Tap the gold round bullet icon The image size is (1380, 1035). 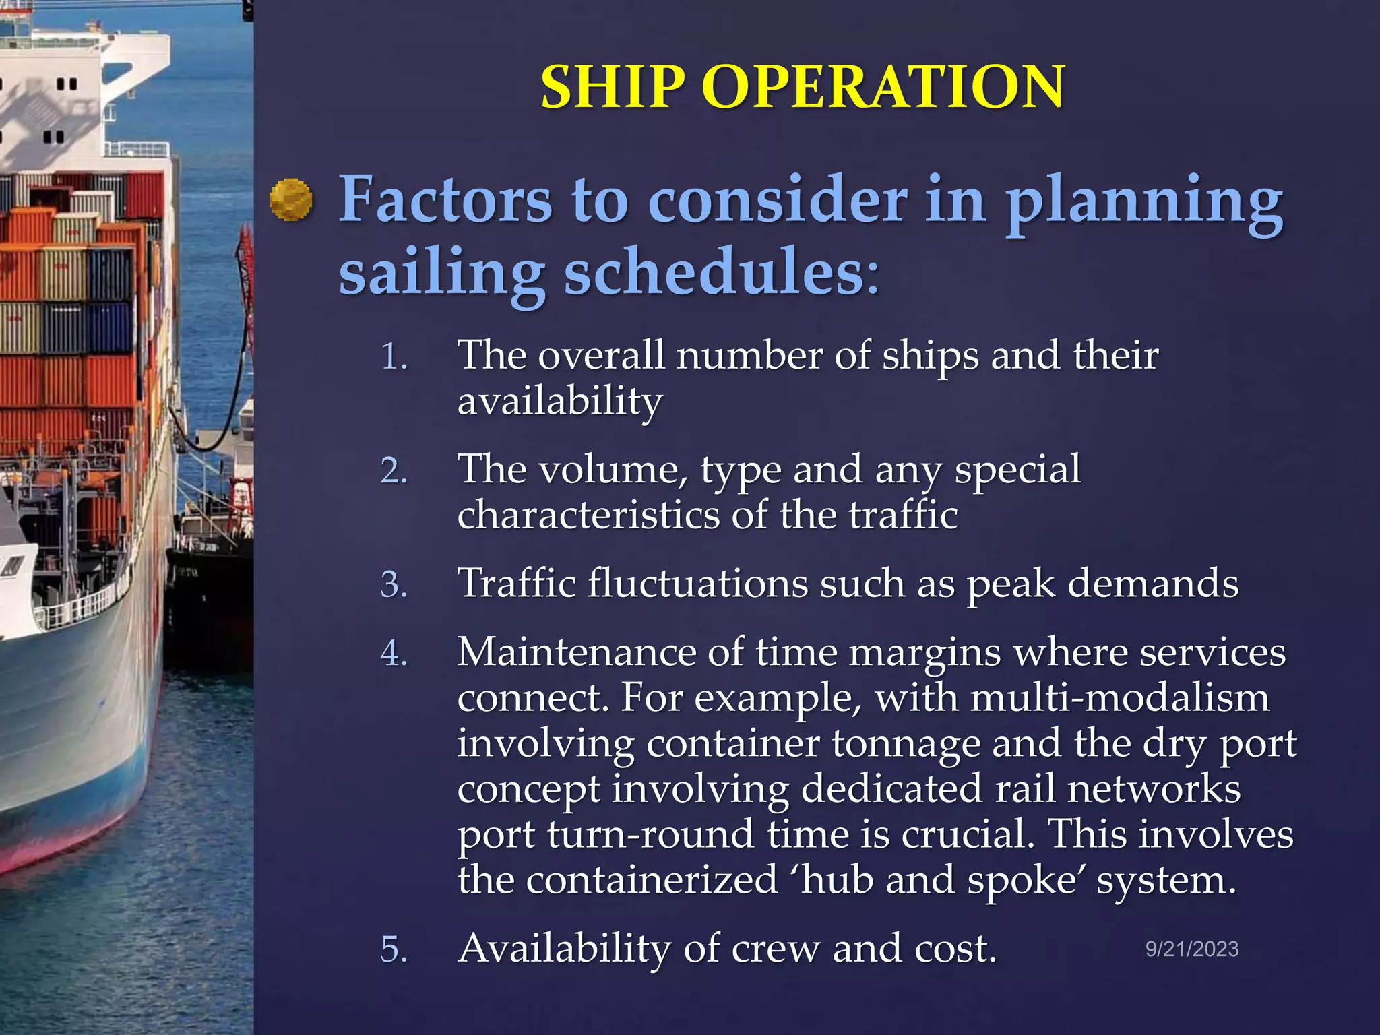click(290, 200)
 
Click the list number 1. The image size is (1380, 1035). click(394, 356)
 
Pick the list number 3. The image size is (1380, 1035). click(394, 584)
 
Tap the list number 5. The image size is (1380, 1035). click(394, 949)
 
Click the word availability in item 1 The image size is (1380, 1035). click(560, 402)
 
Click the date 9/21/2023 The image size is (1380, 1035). click(1192, 949)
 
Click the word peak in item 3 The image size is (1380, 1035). click(1011, 584)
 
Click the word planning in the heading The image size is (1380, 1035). click(1144, 200)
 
